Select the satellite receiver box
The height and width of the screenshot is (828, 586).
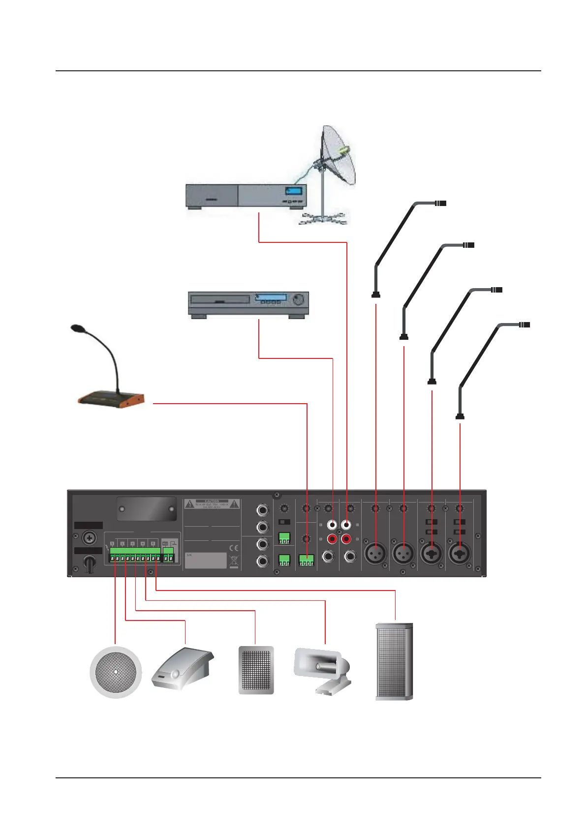click(x=246, y=196)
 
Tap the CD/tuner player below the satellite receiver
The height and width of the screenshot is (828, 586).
click(x=249, y=303)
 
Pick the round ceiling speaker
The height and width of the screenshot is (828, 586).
click(x=116, y=672)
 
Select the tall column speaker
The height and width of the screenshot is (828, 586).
click(x=394, y=661)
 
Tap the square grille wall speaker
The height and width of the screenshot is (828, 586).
click(x=256, y=670)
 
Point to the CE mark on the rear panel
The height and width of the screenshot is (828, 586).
click(x=234, y=548)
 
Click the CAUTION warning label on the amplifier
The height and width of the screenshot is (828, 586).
click(x=212, y=504)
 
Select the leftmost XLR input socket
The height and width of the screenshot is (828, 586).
click(x=375, y=554)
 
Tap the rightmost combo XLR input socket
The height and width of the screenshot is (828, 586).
click(x=460, y=554)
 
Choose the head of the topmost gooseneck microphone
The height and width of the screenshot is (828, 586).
click(x=440, y=203)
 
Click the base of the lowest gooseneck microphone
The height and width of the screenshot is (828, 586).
click(x=460, y=416)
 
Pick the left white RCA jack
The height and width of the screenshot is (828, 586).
click(x=333, y=526)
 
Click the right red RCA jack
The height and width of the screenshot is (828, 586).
click(x=347, y=539)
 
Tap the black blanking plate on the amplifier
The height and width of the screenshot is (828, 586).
click(x=147, y=508)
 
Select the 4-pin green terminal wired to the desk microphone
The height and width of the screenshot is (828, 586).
click(x=307, y=560)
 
